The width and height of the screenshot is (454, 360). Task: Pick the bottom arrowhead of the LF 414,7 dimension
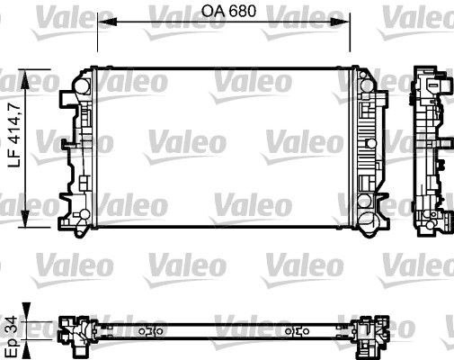pos(36,223)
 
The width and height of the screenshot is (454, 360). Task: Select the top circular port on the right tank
pos(366,84)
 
